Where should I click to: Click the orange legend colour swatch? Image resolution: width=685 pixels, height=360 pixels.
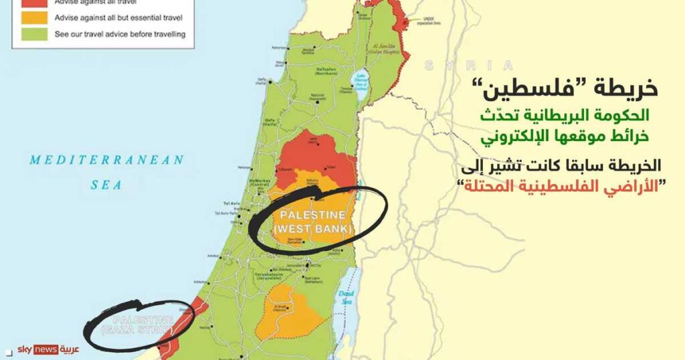tap(34, 17)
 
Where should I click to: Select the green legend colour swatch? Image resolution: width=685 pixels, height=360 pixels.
tap(34, 33)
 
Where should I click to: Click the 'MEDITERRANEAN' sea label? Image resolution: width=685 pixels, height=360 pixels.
tap(106, 160)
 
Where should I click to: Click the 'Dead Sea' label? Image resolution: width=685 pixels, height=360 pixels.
tap(346, 298)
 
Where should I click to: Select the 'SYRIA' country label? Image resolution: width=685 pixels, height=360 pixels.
tap(469, 66)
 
